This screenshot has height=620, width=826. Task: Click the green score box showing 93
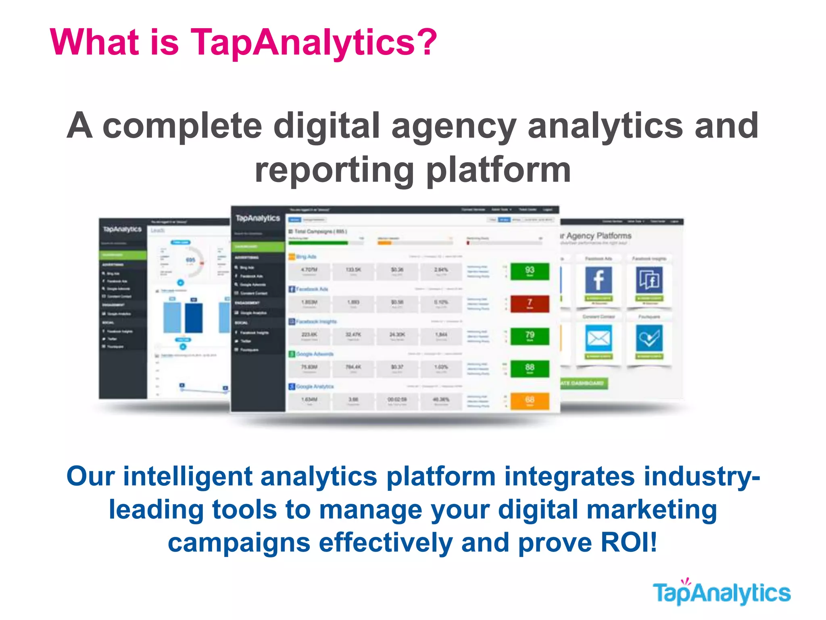[x=530, y=271]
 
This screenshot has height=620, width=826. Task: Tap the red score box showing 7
[x=530, y=304]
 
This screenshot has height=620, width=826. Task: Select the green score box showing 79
[x=530, y=336]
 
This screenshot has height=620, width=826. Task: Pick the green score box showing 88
[x=530, y=368]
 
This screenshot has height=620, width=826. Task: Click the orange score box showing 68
[x=530, y=401]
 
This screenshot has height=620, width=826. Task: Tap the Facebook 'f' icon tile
[x=599, y=280]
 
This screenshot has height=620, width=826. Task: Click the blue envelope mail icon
[x=599, y=338]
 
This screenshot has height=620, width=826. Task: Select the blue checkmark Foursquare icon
[x=649, y=338]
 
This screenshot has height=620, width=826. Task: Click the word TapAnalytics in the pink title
[x=313, y=42]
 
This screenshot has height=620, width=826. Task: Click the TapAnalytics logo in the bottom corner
[x=722, y=593]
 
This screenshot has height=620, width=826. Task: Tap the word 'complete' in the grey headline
[x=182, y=126]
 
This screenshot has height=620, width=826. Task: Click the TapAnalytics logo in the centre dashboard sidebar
[x=258, y=218]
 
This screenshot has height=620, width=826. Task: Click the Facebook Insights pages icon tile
[x=649, y=280]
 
